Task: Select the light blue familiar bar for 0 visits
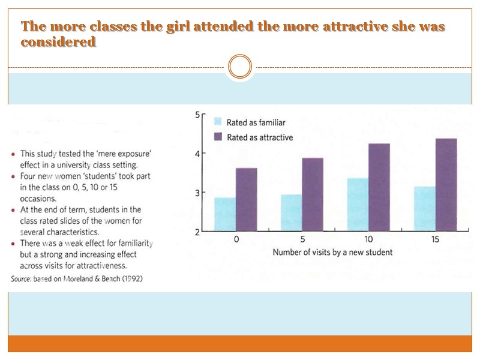pos(225,214)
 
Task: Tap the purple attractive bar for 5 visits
pos(313,194)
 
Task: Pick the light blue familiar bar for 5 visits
pos(292,212)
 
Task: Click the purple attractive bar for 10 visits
pos(379,187)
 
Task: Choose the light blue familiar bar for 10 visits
pos(358,205)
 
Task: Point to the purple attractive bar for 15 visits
pos(446,185)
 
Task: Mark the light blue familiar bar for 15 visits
pos(425,209)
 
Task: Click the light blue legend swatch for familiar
pos(218,122)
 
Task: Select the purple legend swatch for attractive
pos(218,137)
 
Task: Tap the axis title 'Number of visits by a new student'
pos(332,252)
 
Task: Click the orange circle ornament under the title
pos(241,67)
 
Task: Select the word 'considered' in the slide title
pos(58,43)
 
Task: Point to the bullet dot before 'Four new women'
pos(14,176)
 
